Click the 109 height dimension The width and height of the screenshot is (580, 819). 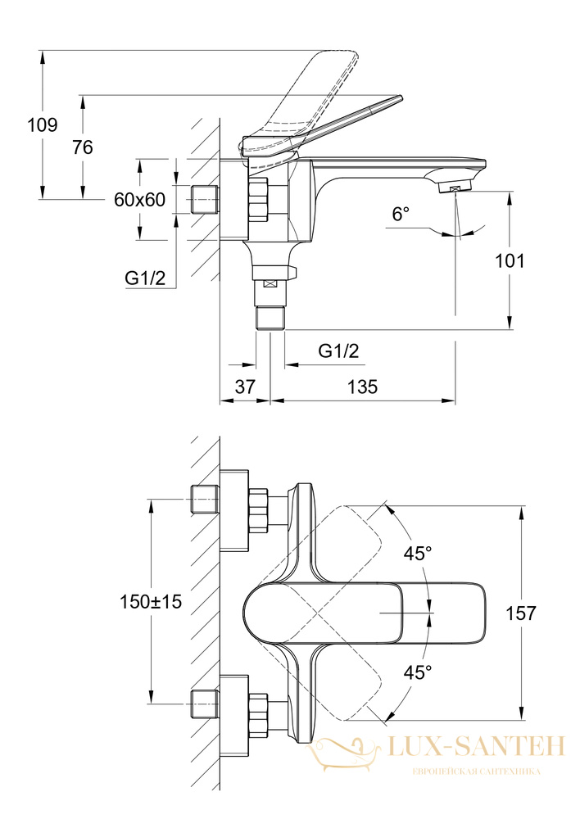pos(43,124)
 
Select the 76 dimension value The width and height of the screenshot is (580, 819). pos(83,147)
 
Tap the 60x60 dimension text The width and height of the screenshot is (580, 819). pos(139,199)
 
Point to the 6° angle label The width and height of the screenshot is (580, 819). pos(401,214)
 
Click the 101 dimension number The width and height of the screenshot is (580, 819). pos(510,260)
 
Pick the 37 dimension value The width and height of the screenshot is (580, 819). pos(245,387)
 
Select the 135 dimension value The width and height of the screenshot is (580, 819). pos(362,387)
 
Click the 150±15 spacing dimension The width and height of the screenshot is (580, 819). pos(151,602)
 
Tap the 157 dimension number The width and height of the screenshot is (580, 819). pos(521,613)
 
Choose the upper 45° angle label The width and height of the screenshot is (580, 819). pos(418,553)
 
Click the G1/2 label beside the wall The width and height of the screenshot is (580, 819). pos(145,278)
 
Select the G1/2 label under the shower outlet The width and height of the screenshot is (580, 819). pos(338,351)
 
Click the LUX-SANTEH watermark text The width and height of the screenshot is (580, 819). pos(477,746)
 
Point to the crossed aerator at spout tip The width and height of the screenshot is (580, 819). pos(454,189)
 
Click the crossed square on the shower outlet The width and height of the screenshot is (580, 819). pos(270,283)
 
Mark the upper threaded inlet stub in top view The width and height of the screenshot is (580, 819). pos(204,499)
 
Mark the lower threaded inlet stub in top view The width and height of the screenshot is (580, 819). pos(204,704)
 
